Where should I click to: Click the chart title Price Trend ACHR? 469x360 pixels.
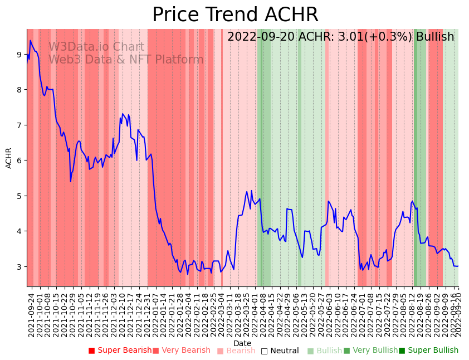click(235, 15)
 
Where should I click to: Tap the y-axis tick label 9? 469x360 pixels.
click(19, 54)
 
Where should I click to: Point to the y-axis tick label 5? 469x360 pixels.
click(19, 196)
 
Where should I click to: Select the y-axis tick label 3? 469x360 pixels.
click(19, 267)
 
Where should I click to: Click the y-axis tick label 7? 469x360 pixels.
click(19, 125)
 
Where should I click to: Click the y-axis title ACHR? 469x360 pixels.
click(9, 158)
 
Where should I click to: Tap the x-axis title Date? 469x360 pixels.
click(242, 343)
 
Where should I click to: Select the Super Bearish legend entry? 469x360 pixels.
click(120, 351)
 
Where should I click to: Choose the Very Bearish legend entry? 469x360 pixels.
click(182, 351)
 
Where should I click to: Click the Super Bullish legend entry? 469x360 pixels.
click(428, 351)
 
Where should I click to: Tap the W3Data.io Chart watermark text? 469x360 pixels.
click(96, 47)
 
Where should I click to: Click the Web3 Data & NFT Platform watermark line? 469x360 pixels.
click(126, 60)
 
